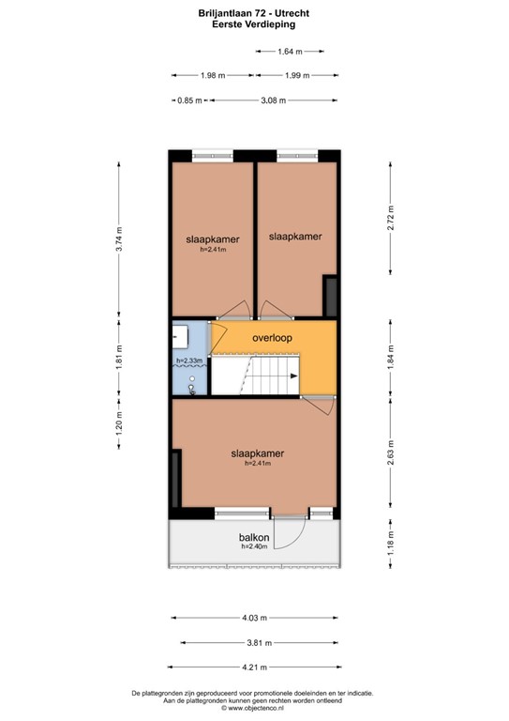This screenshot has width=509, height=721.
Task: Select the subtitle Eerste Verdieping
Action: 254,25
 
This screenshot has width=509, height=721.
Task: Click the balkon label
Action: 254,537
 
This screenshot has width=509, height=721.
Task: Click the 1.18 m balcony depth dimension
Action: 392,542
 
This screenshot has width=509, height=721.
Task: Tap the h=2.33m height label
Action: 189,360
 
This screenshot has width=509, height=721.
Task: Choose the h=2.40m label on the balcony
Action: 255,546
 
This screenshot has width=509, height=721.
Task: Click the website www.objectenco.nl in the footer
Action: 254,709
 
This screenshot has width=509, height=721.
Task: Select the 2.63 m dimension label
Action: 392,456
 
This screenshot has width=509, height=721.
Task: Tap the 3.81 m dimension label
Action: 254,643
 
